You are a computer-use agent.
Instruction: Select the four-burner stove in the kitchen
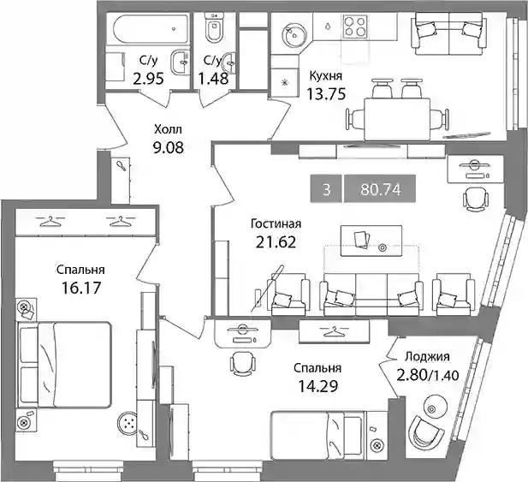click(354, 26)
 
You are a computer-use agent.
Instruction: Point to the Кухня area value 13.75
click(326, 94)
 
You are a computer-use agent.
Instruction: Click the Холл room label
click(168, 129)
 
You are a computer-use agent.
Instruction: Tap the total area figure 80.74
click(380, 189)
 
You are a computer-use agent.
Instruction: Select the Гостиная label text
click(276, 224)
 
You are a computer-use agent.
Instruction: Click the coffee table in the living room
click(371, 241)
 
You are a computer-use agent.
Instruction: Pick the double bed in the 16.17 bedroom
click(64, 365)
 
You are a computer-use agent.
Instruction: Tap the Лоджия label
click(427, 357)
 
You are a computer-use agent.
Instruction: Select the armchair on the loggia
click(425, 432)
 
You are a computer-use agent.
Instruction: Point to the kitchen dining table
click(397, 118)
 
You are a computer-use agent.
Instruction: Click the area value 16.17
click(81, 288)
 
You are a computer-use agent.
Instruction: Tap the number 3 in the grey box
click(326, 190)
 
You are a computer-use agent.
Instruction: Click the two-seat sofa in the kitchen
click(449, 33)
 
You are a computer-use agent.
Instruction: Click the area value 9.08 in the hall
click(169, 147)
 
